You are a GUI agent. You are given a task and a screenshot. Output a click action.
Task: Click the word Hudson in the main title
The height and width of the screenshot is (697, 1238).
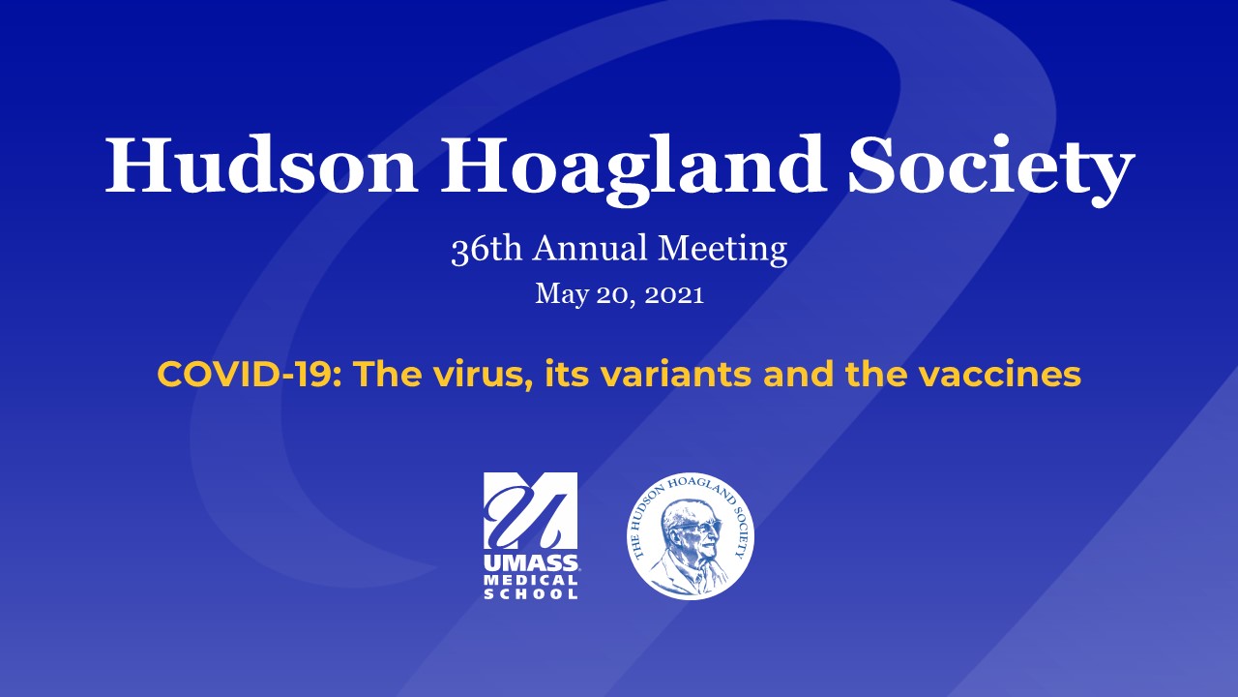click(x=261, y=165)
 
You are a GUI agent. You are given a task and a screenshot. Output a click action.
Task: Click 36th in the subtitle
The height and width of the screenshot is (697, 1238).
click(x=486, y=249)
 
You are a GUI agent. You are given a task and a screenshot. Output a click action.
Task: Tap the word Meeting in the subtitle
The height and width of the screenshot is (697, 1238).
click(x=722, y=251)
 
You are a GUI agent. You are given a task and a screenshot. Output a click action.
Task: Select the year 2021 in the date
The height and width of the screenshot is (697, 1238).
click(x=674, y=293)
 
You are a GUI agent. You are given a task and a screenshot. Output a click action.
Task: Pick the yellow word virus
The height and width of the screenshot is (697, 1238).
click(x=483, y=376)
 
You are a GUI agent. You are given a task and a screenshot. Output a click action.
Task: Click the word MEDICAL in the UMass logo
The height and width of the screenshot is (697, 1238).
click(x=531, y=580)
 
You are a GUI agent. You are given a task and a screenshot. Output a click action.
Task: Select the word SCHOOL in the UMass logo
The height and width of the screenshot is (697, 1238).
click(x=531, y=594)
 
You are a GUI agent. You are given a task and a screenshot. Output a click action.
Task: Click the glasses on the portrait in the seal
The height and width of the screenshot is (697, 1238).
click(x=697, y=526)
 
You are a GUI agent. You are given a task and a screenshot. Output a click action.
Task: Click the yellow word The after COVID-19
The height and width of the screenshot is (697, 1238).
click(x=388, y=375)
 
